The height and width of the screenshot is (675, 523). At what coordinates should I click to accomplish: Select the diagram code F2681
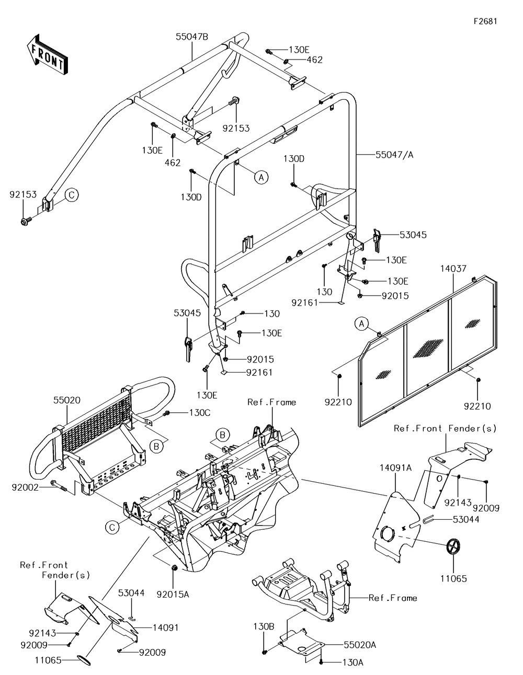(x=485, y=21)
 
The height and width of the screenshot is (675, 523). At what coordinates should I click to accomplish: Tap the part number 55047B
(x=192, y=37)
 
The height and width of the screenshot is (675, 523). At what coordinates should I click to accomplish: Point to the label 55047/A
(x=394, y=155)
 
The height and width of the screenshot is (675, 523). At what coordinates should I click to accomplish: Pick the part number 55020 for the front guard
(x=67, y=400)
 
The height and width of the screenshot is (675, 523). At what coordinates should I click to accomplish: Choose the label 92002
(x=25, y=487)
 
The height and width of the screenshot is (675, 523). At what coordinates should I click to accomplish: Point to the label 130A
(x=353, y=662)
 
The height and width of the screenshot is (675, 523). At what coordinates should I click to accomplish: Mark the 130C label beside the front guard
(x=200, y=413)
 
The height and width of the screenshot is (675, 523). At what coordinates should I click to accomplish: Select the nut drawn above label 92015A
(x=174, y=567)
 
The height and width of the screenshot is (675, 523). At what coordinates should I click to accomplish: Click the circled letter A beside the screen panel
(x=361, y=324)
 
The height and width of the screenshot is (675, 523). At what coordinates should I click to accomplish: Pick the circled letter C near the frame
(x=112, y=527)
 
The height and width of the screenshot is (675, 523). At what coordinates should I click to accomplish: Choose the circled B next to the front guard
(x=156, y=446)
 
